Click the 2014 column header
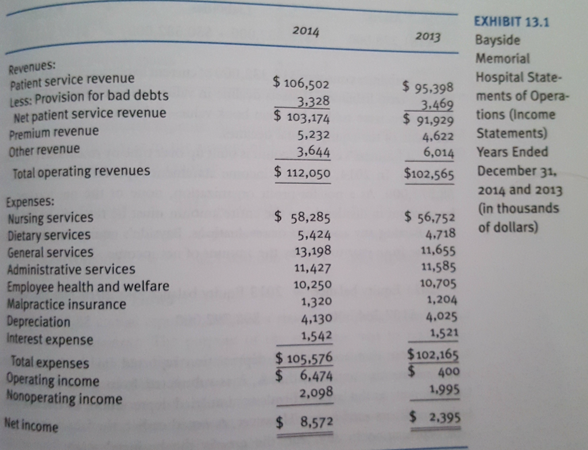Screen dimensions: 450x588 point(305,31)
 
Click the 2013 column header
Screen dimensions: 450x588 point(428,37)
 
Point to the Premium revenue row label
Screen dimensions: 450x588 point(54,131)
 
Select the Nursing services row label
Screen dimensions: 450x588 point(51,218)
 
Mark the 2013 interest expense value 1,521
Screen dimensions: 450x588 point(442,333)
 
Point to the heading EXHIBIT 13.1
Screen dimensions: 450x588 point(512,22)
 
